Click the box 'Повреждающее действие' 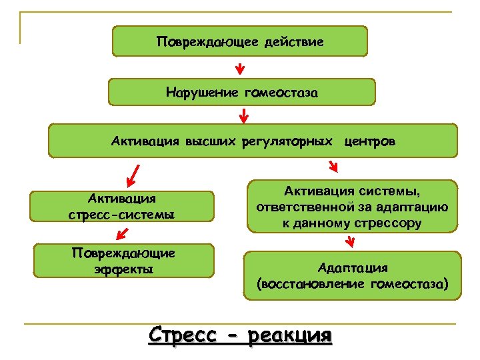240,41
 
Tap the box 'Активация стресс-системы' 122,207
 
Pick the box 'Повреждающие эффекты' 124,261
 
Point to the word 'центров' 370,141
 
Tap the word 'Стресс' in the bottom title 183,333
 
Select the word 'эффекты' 124,269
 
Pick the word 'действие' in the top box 294,42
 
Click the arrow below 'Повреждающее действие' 240,68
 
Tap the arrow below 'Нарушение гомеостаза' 244,117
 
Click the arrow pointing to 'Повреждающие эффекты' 121,232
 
